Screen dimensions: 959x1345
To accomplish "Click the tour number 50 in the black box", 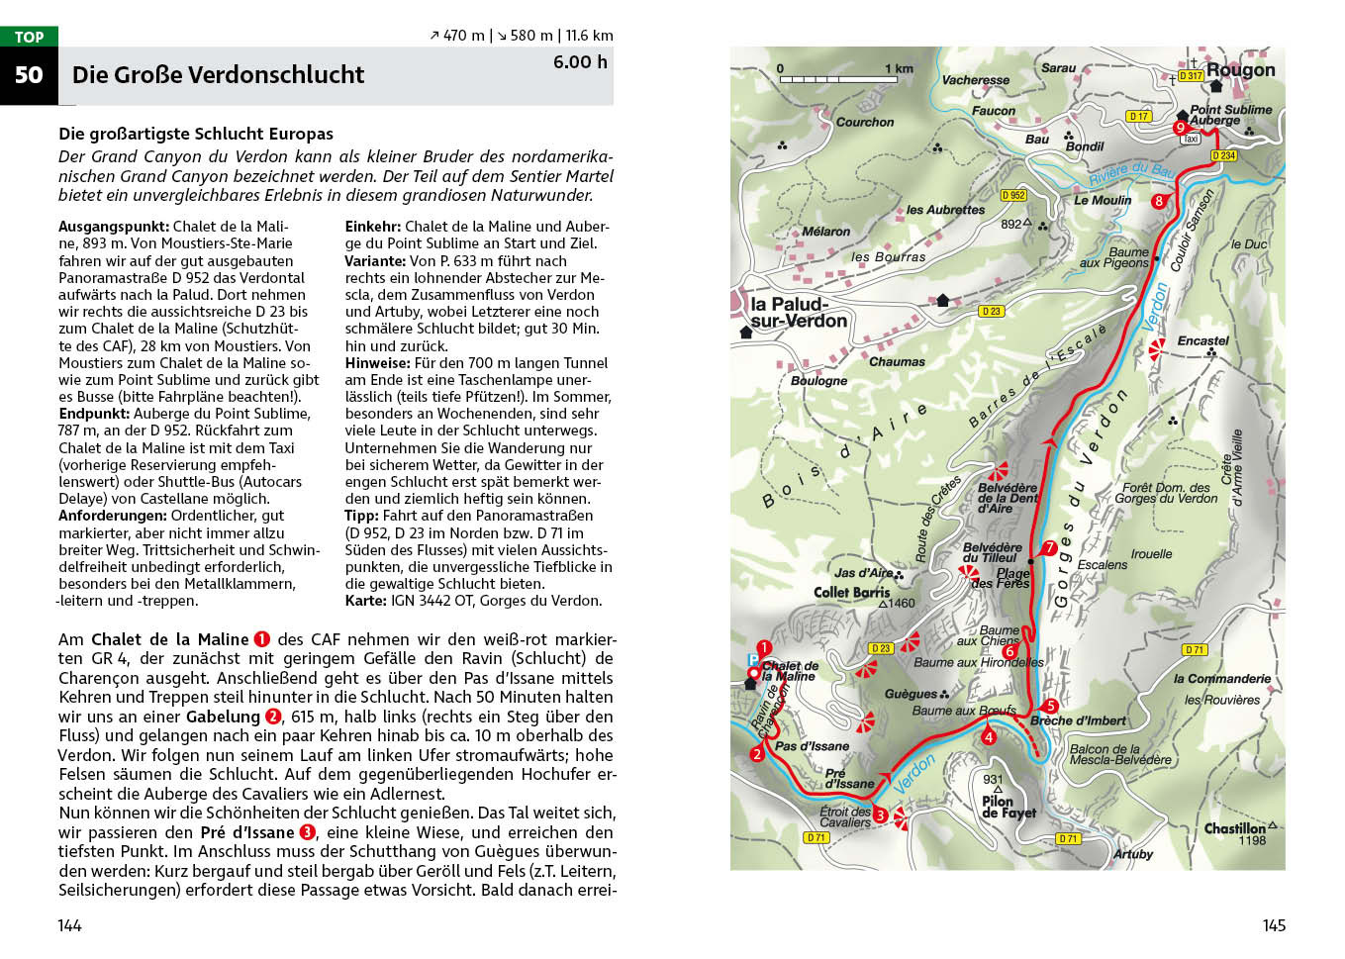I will coord(29,75).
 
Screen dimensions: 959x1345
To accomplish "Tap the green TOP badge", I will coord(29,37).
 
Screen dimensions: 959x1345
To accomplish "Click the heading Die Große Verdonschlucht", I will coord(218,75).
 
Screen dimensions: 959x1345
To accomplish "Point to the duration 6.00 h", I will coord(580,62).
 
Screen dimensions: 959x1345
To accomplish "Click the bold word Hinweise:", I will coord(377,363).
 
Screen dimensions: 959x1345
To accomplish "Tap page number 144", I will coord(69,925).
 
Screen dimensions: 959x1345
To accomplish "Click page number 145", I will coord(1274,925).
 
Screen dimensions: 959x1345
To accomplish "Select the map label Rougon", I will coord(1240,70).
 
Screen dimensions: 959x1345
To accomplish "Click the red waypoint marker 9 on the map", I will coord(1180,128).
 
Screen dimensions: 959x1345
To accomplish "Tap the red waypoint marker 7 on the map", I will coord(1050,547).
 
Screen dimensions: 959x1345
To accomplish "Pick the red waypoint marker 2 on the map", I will coord(757,754).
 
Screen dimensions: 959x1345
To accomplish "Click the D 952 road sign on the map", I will coord(1013,195).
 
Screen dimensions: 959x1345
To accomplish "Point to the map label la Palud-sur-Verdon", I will coord(798,313).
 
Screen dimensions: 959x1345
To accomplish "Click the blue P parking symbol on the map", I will coord(753,660).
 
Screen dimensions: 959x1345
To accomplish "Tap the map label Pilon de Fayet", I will coord(1008,807).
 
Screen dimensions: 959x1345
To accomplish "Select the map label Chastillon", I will coord(1234,828).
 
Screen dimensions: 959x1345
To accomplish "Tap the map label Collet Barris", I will coord(851,592).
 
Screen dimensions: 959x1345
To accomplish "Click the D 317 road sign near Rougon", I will coord(1191,75).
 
